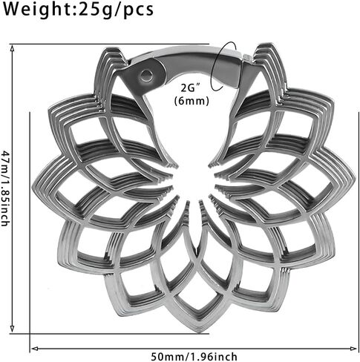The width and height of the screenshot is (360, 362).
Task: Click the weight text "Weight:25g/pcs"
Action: pyautogui.click(x=78, y=10)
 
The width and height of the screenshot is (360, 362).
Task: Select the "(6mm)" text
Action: pyautogui.click(x=192, y=101)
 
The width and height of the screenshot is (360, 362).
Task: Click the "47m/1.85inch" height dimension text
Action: pyautogui.click(x=4, y=188)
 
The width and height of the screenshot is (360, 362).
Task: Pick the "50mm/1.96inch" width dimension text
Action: pyautogui.click(x=194, y=357)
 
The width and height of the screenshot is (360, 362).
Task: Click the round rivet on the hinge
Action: pyautogui.click(x=145, y=75)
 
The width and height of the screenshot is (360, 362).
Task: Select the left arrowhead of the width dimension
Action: pyautogui.click(x=34, y=349)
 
